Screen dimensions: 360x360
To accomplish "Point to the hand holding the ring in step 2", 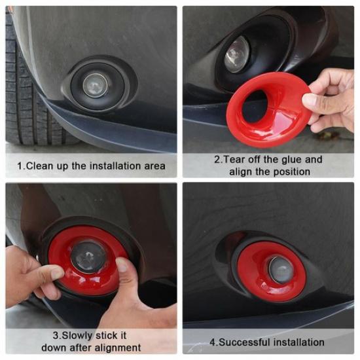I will (x=331, y=98).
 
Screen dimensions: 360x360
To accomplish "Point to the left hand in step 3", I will (x=29, y=275).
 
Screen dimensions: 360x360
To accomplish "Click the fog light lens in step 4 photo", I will (x=280, y=269).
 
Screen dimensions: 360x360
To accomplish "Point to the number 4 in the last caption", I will (x=212, y=342).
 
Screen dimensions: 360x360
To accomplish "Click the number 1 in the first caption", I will (x=20, y=166).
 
